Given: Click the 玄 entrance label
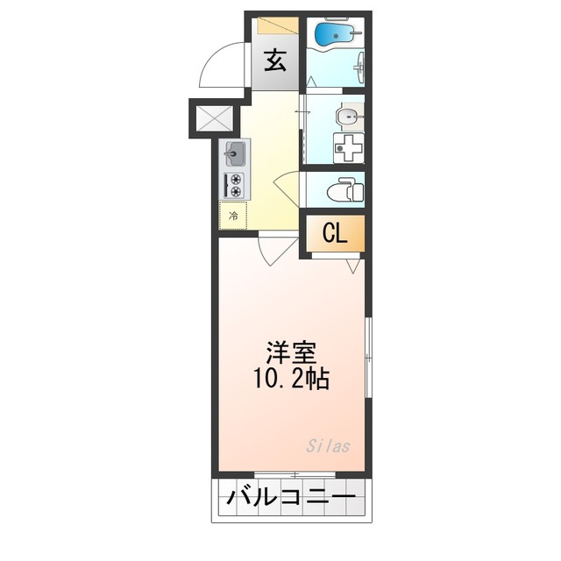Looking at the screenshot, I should click(275, 61).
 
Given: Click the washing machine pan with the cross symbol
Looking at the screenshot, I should click(350, 147).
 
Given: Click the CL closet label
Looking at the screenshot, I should click(334, 233).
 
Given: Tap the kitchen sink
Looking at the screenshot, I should click(235, 155).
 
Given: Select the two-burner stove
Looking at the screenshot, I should click(235, 186).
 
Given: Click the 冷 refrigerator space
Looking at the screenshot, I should click(234, 215).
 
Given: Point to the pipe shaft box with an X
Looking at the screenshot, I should click(211, 118).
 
